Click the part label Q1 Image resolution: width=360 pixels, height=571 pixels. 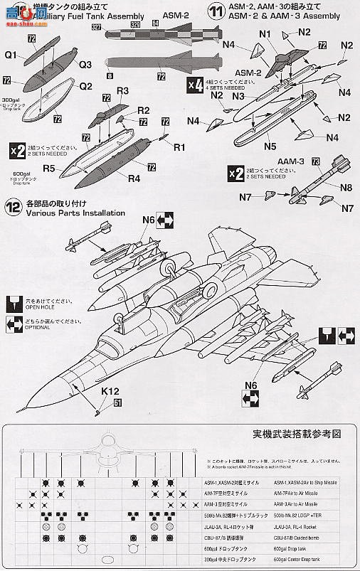click(11, 54)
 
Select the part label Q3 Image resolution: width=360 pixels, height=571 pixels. click(85, 64)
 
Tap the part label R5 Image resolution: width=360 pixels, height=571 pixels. click(49, 169)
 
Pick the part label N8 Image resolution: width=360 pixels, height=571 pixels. click(345, 188)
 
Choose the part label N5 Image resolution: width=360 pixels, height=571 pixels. click(269, 146)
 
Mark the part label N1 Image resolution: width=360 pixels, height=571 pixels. click(265, 33)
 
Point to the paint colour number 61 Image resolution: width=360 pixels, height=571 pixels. click(117, 403)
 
